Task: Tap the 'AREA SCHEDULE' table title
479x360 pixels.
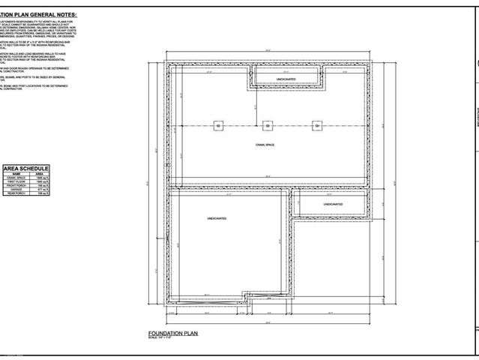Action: coord(26,168)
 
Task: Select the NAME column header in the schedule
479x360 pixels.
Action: coord(16,173)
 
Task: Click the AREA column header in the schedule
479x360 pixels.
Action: coord(39,173)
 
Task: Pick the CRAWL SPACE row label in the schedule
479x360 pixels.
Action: coord(16,178)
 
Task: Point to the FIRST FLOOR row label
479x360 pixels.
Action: coord(16,182)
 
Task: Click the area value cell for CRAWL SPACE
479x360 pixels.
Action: coord(42,178)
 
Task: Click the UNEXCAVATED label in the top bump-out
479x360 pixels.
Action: coord(286,78)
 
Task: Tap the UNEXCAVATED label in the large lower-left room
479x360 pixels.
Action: coord(217,218)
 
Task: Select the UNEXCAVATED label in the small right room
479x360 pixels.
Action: coord(333,204)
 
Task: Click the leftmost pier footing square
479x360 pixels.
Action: coord(217,126)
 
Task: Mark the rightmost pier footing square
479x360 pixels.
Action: coord(317,126)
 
